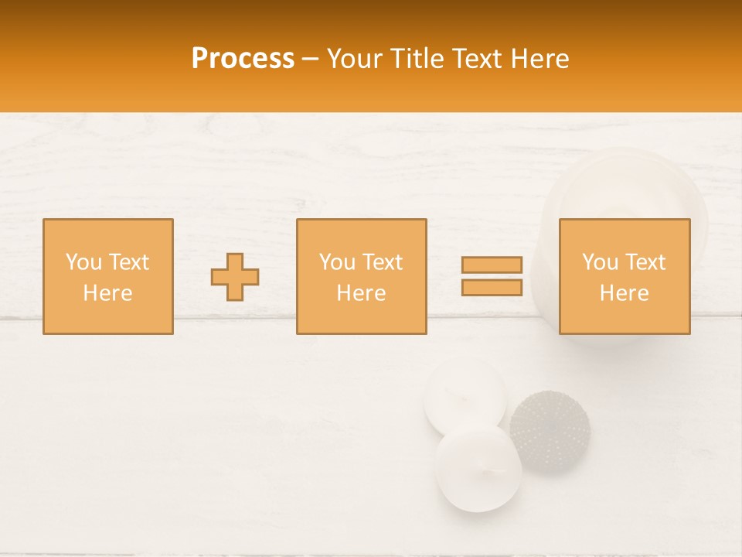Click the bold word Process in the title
click(243, 59)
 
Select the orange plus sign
click(235, 277)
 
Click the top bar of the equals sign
click(492, 265)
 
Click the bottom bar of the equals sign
click(492, 288)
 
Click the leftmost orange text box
click(108, 277)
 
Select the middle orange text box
click(361, 277)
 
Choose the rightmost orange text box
click(624, 277)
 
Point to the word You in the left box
click(83, 262)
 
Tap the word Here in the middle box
click(361, 293)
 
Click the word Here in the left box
click(107, 293)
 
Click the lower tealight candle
click(477, 468)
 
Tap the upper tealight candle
click(465, 397)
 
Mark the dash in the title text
click(311, 59)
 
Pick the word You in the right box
click(600, 262)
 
